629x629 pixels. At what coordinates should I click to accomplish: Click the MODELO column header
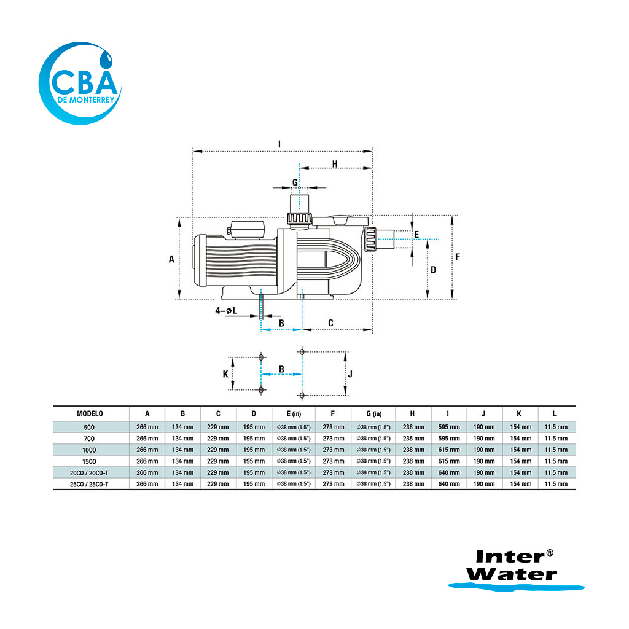click(90, 413)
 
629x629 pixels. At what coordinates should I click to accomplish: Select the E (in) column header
click(294, 413)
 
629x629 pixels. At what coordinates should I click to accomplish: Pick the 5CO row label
click(89, 428)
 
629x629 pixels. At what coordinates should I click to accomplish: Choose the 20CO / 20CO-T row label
click(89, 473)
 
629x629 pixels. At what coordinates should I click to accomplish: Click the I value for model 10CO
click(449, 450)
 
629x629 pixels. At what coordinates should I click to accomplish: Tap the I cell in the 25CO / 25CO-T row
click(449, 484)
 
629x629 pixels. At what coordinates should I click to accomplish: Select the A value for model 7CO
click(147, 439)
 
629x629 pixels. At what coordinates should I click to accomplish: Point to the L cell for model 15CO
click(556, 461)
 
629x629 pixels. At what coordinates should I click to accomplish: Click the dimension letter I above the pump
click(279, 144)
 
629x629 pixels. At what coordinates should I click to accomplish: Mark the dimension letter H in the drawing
click(335, 163)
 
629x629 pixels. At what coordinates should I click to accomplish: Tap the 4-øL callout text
click(226, 310)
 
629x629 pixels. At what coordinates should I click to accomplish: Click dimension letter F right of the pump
click(458, 257)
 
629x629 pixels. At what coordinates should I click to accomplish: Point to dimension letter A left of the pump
click(172, 259)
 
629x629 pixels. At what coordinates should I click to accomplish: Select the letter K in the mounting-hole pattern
click(225, 374)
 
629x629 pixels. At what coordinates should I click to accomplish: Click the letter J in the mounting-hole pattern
click(350, 374)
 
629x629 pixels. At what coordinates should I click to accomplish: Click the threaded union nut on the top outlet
click(299, 218)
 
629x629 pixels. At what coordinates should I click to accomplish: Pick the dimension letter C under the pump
click(330, 323)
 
